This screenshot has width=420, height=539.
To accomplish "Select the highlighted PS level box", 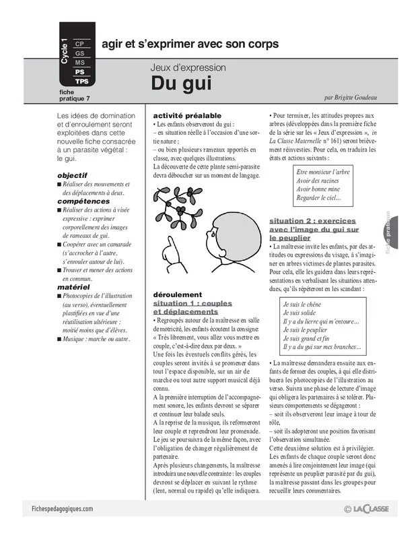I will [x=79, y=71].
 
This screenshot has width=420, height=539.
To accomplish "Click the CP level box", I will [x=79, y=43].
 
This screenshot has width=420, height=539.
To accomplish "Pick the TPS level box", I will [x=81, y=81].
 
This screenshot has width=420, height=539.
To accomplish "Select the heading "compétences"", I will [x=83, y=201].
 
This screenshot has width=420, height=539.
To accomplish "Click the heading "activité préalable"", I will [x=187, y=116].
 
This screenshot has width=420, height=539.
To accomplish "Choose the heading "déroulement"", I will [x=178, y=294].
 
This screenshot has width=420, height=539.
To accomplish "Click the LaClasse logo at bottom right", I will [x=370, y=509].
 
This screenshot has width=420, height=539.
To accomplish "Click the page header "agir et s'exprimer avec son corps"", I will [x=190, y=44].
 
